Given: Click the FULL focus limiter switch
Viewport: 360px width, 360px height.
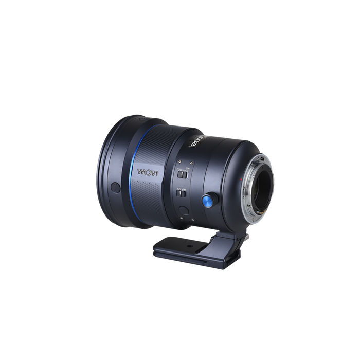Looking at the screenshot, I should pyautogui.click(x=183, y=174).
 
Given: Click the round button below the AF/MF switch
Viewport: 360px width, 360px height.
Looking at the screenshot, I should pyautogui.click(x=184, y=210).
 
